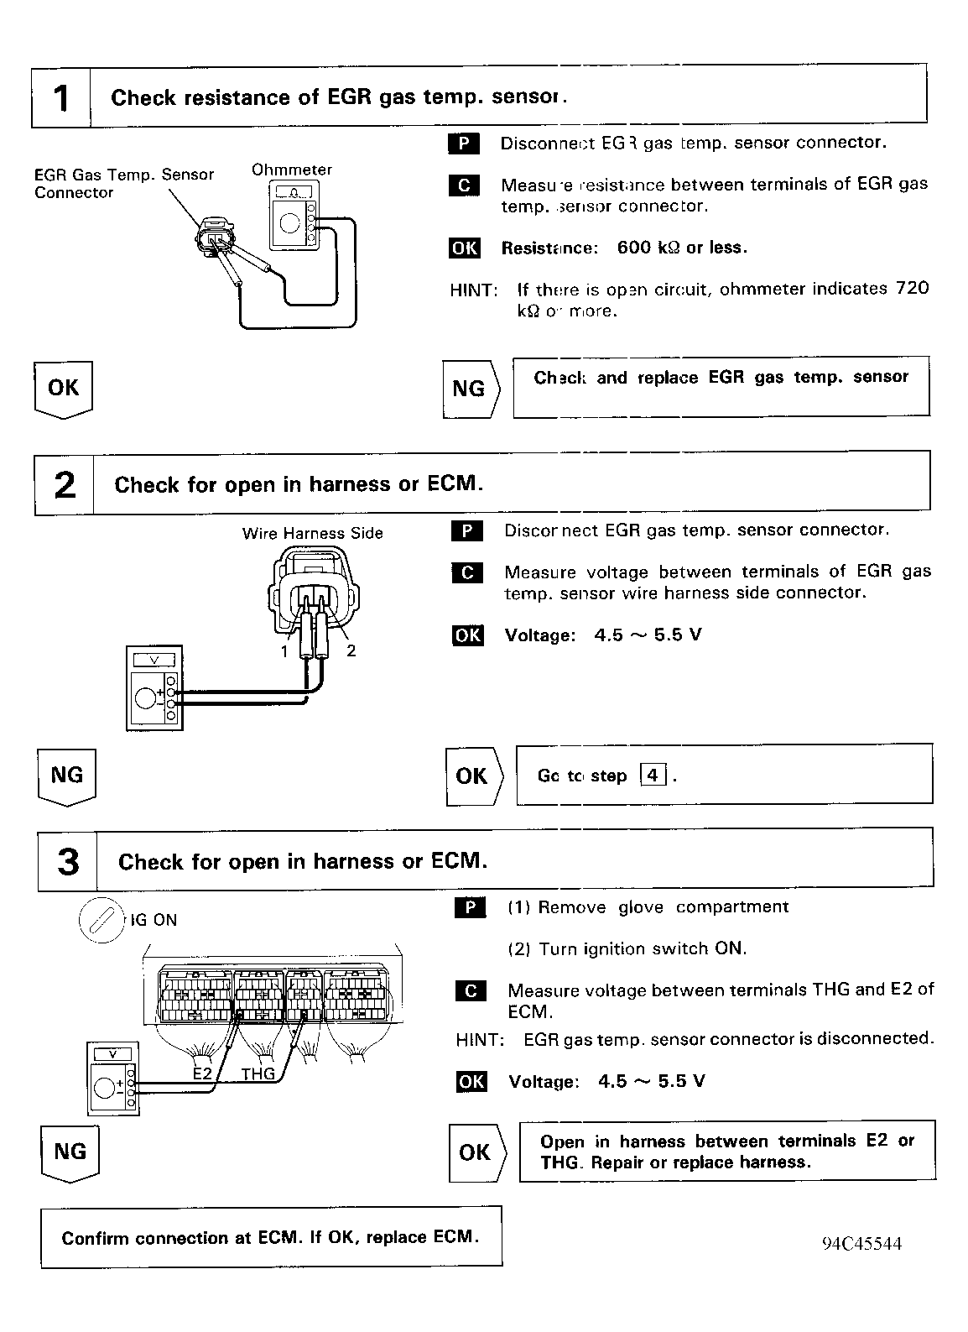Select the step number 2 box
pos(65,484)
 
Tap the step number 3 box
pos(68,861)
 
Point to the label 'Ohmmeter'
pos(292,170)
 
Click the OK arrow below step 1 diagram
pos(63,389)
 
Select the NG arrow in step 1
pos(471,389)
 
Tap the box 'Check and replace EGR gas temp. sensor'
pos(721,386)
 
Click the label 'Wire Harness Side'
pos(312,533)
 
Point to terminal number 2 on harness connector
pos(351,650)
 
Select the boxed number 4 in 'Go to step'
pos(653,776)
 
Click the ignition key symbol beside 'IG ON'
pos(101,922)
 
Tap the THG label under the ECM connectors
pos(258,1073)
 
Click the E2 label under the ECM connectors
pos(202,1073)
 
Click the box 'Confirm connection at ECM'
pos(271,1237)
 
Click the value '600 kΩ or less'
pos(681,248)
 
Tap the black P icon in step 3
pos(470,907)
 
